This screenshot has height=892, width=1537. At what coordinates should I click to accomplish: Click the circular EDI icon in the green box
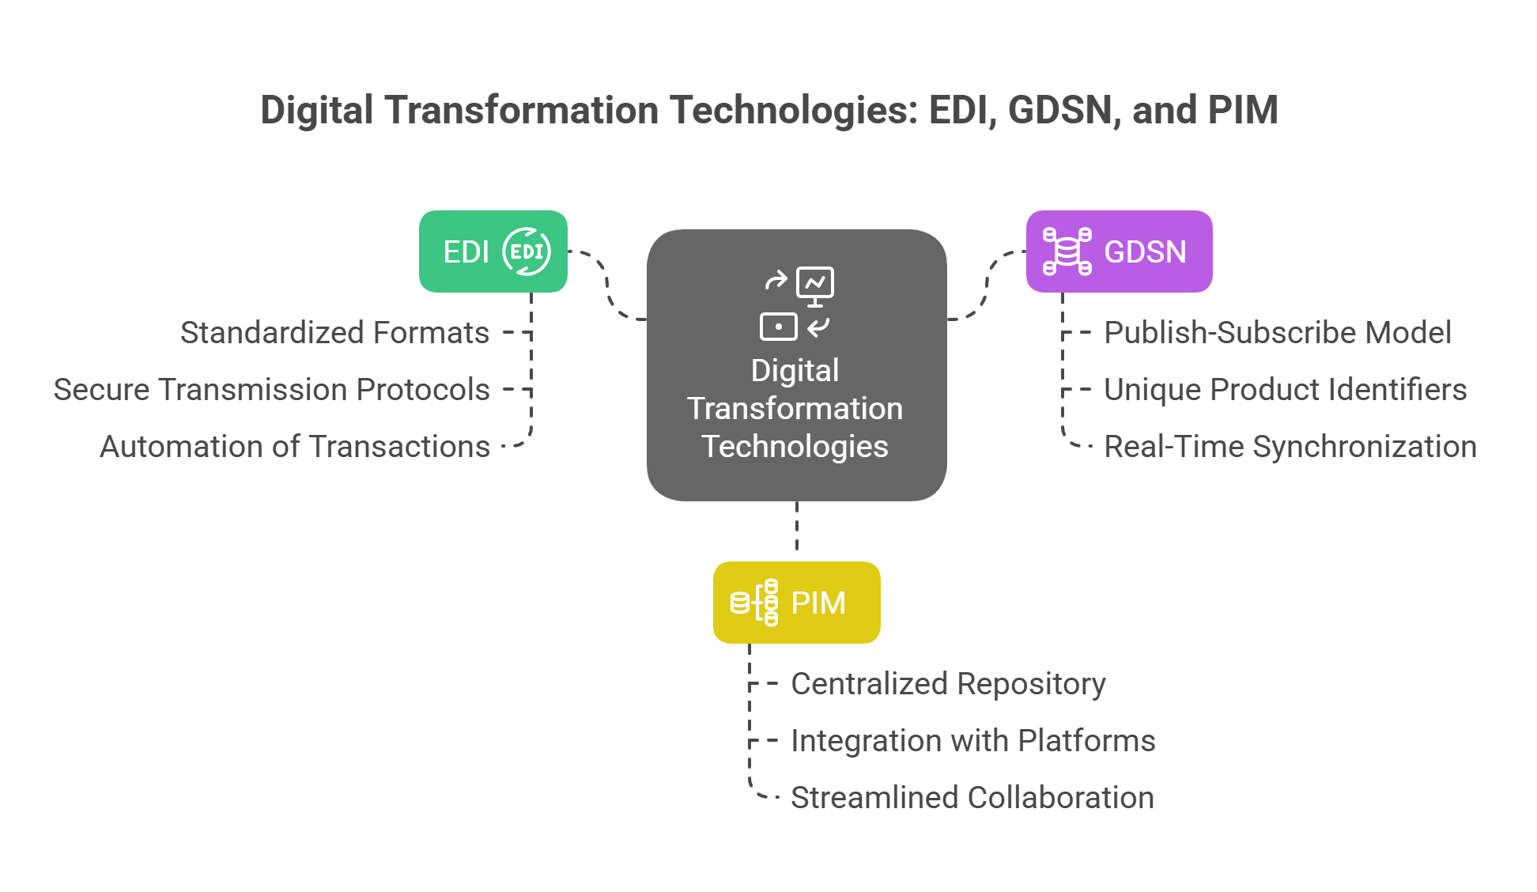pyautogui.click(x=527, y=251)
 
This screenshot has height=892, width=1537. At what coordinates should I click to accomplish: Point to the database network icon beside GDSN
pyautogui.click(x=1067, y=251)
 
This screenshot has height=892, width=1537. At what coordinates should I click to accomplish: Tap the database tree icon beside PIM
pyautogui.click(x=754, y=603)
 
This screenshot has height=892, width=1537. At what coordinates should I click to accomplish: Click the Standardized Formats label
pyautogui.click(x=334, y=333)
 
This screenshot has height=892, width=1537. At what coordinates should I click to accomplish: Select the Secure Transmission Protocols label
pyautogui.click(x=271, y=390)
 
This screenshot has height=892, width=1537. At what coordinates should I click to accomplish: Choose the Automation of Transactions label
pyautogui.click(x=295, y=447)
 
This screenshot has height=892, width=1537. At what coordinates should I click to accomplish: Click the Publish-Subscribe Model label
pyautogui.click(x=1278, y=333)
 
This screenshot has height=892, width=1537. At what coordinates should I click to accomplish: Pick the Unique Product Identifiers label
pyautogui.click(x=1285, y=390)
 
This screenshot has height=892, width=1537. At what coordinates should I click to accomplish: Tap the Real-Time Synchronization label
pyautogui.click(x=1290, y=447)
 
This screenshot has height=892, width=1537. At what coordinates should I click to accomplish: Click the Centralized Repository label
pyautogui.click(x=948, y=684)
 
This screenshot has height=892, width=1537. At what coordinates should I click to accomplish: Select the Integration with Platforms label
pyautogui.click(x=972, y=741)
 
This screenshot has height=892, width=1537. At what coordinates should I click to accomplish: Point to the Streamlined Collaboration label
pyautogui.click(x=972, y=798)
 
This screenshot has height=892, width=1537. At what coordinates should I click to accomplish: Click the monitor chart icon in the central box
pyautogui.click(x=815, y=285)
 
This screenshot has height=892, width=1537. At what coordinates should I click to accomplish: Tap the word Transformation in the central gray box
pyautogui.click(x=795, y=409)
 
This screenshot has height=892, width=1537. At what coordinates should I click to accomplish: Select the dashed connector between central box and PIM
pyautogui.click(x=796, y=527)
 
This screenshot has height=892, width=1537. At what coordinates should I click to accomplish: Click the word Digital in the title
pyautogui.click(x=316, y=110)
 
